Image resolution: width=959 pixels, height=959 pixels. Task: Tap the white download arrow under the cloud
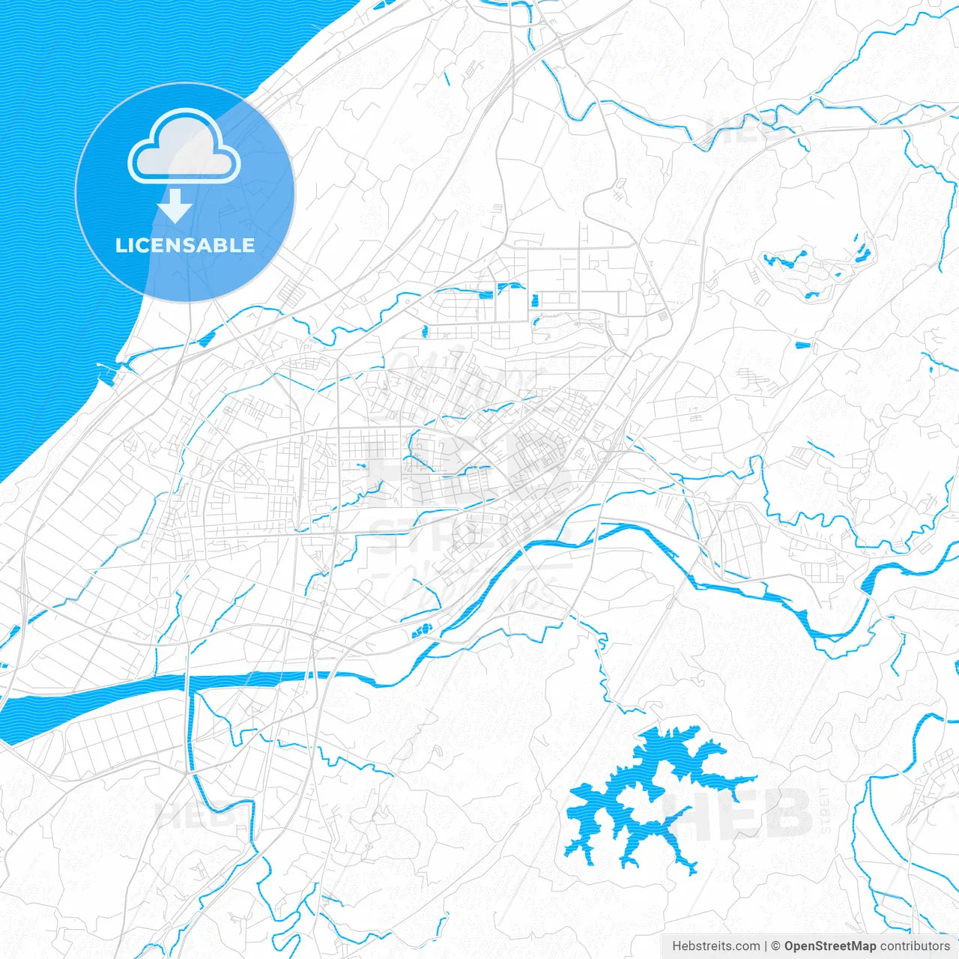[175, 205]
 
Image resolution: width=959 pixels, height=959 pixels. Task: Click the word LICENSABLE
[185, 245]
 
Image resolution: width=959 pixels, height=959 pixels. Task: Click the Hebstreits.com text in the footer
[716, 946]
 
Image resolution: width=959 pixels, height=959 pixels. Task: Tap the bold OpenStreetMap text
[829, 946]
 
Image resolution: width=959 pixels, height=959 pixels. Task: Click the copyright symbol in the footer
[776, 946]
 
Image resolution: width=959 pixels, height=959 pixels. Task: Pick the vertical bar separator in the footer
[766, 946]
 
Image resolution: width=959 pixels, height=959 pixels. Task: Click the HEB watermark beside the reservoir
[757, 813]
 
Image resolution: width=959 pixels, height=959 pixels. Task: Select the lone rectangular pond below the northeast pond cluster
[802, 345]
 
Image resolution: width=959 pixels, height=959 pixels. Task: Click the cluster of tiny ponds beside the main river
[423, 631]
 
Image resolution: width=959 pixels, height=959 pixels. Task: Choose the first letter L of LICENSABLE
[121, 245]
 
